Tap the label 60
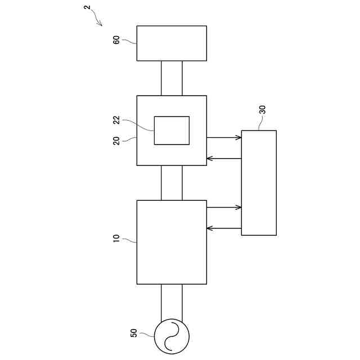[116, 40]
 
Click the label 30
[262, 110]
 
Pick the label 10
[116, 239]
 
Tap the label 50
[134, 333]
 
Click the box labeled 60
[172, 43]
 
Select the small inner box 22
[172, 130]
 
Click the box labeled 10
[172, 242]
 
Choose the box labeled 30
[259, 183]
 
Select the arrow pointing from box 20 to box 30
[224, 137]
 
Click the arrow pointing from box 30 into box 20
[224, 158]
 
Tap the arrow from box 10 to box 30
[224, 208]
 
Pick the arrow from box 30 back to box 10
[224, 228]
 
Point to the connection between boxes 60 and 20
[172, 78]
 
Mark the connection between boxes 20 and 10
[172, 183]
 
